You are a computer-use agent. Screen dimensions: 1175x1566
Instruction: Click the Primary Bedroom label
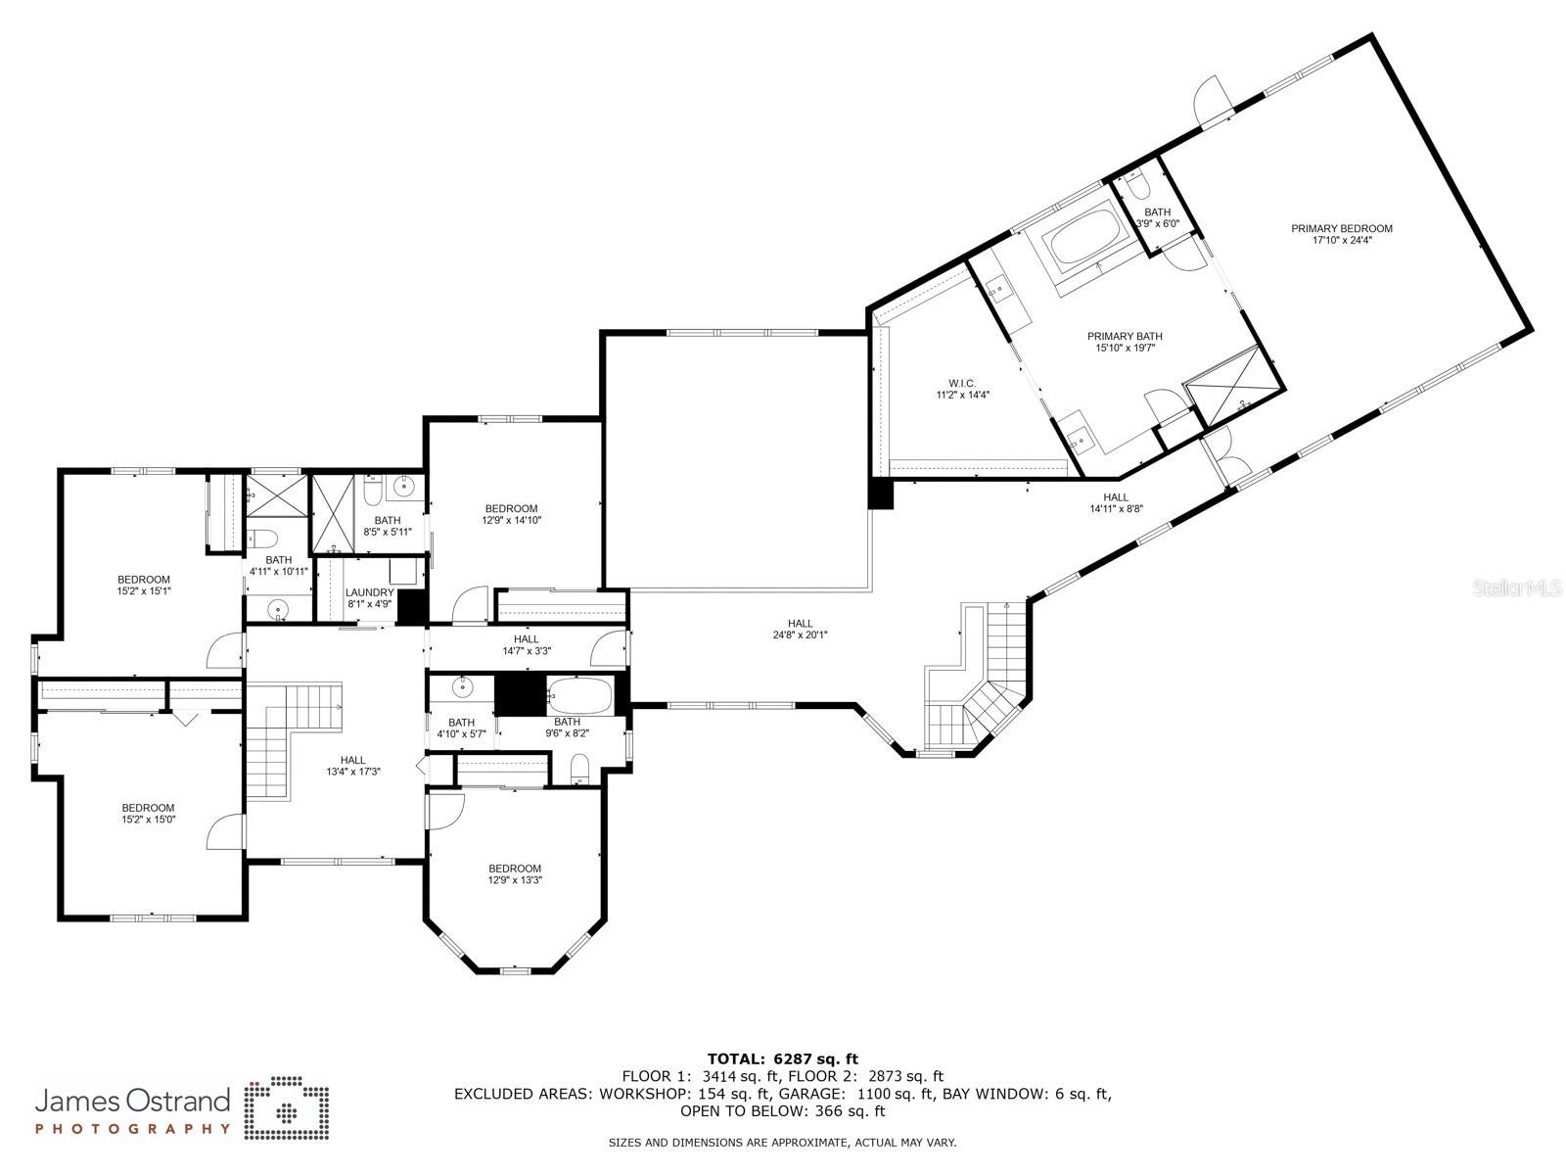point(1341,229)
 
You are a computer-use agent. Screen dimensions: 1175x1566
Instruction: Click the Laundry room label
point(370,592)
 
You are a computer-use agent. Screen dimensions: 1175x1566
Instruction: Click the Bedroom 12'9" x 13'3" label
point(515,869)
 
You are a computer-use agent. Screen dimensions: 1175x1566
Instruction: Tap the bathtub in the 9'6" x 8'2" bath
point(579,696)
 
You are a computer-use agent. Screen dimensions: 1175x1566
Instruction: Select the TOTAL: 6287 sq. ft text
point(782,1058)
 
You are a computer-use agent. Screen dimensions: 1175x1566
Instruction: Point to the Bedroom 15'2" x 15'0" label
point(148,808)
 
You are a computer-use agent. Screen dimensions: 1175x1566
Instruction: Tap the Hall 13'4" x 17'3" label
point(352,760)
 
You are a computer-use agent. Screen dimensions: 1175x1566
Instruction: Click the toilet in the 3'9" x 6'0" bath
point(1135,183)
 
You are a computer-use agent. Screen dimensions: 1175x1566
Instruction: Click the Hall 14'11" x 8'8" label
point(1117,497)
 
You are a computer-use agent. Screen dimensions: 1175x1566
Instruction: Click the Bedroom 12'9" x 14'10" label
point(511,508)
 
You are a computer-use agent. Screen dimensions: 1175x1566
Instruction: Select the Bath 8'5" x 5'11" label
point(387,520)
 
